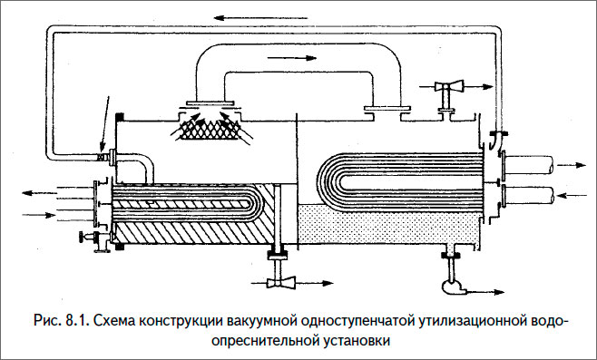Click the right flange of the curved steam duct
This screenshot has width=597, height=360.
pos(380,112)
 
